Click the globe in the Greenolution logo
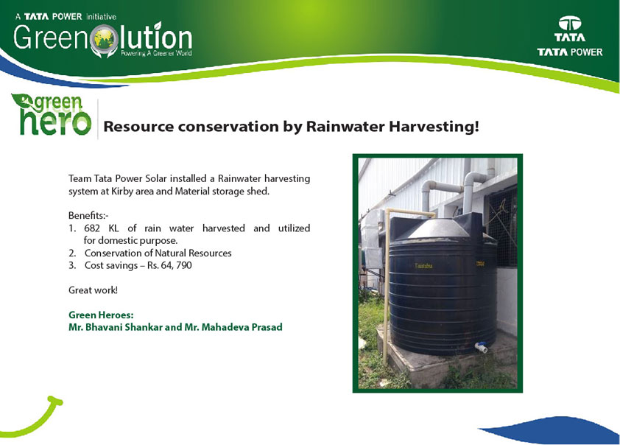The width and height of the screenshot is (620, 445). click(104, 38)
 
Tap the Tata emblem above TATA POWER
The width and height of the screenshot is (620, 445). click(569, 24)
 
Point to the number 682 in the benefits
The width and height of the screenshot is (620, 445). click(92, 228)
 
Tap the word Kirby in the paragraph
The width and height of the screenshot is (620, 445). click(122, 192)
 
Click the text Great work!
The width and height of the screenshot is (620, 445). click(93, 290)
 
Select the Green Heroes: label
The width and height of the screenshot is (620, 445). click(101, 315)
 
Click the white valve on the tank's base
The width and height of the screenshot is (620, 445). click(482, 347)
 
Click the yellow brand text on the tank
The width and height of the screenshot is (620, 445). click(423, 266)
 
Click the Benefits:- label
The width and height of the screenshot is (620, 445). click(88, 216)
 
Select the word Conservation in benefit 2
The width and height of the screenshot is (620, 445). click(113, 253)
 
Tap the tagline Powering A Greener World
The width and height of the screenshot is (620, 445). click(156, 53)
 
